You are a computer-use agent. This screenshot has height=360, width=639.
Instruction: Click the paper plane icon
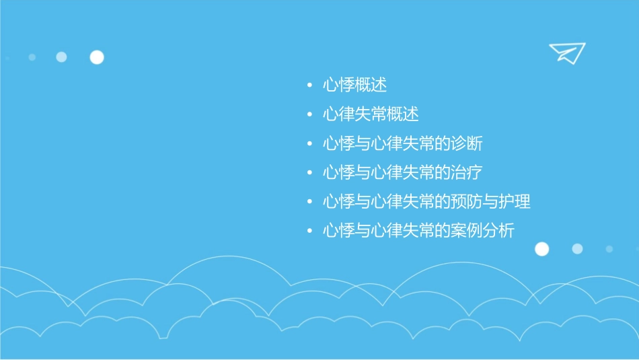coord(566,52)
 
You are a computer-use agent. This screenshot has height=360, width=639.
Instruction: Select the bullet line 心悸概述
coord(354,85)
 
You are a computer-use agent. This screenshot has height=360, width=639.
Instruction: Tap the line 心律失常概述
coord(371,114)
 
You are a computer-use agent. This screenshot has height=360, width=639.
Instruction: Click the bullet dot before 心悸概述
coord(309,86)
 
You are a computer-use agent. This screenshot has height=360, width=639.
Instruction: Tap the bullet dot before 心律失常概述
coord(309,115)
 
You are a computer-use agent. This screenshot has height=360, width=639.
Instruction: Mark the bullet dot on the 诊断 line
coord(309,144)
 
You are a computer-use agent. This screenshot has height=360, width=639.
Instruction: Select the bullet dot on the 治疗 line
coord(309,173)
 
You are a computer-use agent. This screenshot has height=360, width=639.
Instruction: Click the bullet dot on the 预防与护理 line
coord(309,202)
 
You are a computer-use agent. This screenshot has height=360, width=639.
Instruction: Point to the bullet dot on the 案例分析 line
coord(309,231)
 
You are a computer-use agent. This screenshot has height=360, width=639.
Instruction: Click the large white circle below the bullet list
coord(541,249)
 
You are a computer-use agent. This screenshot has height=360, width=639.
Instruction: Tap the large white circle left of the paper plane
coord(97,57)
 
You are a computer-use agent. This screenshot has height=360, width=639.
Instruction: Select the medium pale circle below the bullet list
coord(577,249)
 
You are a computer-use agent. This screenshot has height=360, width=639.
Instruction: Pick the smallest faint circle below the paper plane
coord(609,249)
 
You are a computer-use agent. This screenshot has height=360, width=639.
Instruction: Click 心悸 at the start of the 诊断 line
coord(338,143)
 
